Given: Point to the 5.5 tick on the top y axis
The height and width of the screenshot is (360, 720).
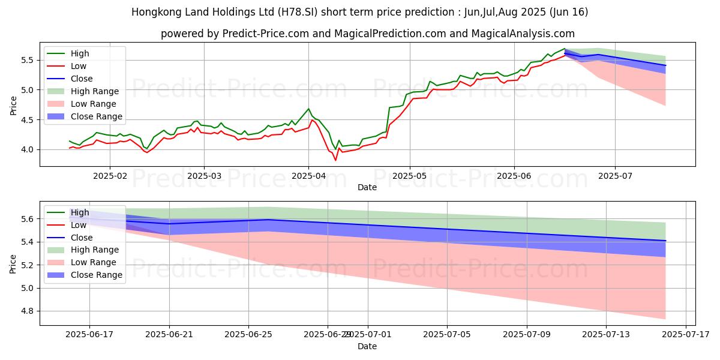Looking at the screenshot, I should pos(28,60).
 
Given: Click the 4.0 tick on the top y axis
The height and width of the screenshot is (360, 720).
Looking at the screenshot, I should pos(28,149).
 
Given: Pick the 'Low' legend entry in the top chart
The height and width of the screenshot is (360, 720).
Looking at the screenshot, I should pos(79,66).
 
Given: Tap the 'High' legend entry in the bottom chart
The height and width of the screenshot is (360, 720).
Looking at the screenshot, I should pos(80,212).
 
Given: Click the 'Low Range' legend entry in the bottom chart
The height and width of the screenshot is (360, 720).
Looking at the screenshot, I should pos(94,262).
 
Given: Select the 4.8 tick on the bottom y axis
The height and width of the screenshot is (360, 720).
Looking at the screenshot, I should pos(28,311).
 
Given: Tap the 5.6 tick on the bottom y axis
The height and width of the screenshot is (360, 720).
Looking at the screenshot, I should pos(28,219).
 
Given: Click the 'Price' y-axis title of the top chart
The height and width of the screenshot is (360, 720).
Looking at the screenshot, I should pos(13,106).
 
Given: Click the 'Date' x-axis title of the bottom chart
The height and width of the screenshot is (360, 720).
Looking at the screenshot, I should pos(367,346).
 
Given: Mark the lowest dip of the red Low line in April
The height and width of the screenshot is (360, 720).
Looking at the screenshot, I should pos(335,160).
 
